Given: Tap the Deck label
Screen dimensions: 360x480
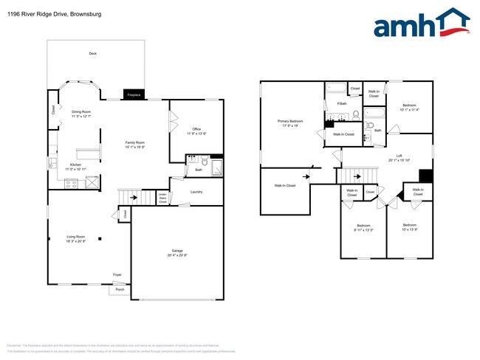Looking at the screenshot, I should point(93,54).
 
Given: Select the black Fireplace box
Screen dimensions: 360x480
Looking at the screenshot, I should point(134,95).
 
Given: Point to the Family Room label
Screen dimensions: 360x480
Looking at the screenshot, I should point(134,145).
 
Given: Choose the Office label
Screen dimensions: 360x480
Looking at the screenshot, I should point(196,132).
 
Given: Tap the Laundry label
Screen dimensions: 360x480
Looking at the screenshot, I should point(196,192).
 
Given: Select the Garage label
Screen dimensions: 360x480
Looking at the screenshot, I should point(177,253).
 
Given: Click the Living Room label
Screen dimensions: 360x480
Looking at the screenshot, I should point(76,239).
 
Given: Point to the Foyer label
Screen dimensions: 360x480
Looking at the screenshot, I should point(117,274).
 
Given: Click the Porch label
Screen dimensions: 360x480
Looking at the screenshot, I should point(120,290).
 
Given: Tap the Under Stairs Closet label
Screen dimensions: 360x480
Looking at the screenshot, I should point(162,198).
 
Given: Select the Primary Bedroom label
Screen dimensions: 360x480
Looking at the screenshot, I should point(288,122).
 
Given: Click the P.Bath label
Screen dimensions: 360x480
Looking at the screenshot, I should point(342,104).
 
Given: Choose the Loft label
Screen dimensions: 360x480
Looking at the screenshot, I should point(399,157).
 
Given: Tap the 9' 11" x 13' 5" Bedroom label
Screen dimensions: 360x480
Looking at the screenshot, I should point(363,228).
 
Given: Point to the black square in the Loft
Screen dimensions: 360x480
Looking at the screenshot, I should point(425,176).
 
